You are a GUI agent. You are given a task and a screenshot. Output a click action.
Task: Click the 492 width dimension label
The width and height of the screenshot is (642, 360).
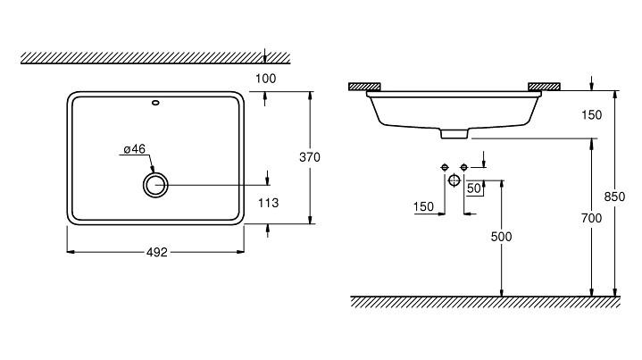click(156, 253)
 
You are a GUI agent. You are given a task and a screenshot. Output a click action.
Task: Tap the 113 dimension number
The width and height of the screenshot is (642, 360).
click(268, 204)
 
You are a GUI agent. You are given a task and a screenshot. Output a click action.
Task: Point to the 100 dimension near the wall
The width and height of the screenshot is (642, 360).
click(265, 80)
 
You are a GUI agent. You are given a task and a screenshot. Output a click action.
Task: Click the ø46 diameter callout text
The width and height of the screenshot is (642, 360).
click(134, 149)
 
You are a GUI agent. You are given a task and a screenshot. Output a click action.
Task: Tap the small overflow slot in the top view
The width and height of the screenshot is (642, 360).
click(156, 102)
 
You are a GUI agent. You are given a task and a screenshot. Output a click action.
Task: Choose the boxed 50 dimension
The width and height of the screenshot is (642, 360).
click(474, 188)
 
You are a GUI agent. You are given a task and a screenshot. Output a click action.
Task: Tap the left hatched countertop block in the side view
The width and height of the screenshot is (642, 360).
click(364, 87)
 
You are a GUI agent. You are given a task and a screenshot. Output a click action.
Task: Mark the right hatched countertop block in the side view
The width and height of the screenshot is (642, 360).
click(545, 87)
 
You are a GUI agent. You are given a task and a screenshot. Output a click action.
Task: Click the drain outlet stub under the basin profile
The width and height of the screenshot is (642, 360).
click(454, 134)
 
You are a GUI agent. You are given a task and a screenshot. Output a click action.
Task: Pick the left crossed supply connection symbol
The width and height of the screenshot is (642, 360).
click(444, 168)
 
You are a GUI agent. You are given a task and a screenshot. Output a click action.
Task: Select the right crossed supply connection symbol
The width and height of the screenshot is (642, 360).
click(463, 168)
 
